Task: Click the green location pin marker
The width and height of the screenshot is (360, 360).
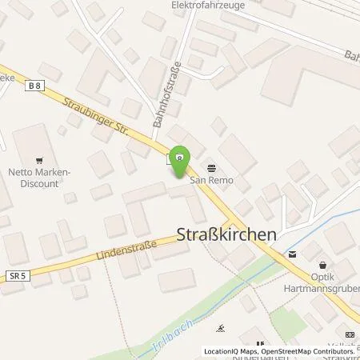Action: coord(181,158)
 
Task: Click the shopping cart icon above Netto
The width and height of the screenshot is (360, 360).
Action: coord(40,159)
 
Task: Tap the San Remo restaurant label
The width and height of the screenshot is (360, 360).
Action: coord(211,179)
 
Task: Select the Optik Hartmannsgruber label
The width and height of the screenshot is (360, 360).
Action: coord(328,281)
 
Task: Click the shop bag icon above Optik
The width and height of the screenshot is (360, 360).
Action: coord(322,266)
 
